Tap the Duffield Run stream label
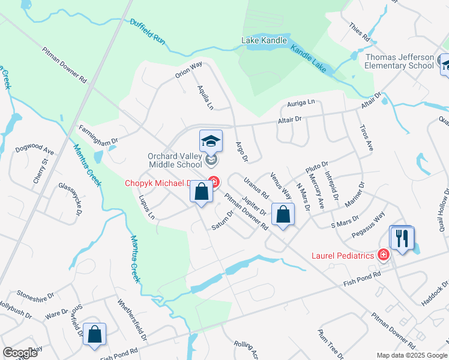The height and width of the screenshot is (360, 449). [x=147, y=31]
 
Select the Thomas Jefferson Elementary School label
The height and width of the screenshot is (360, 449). [x=399, y=61]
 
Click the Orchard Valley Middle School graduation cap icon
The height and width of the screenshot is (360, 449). [x=211, y=141]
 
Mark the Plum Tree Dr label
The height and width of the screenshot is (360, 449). [x=330, y=344]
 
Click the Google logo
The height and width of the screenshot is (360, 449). [x=20, y=353]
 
